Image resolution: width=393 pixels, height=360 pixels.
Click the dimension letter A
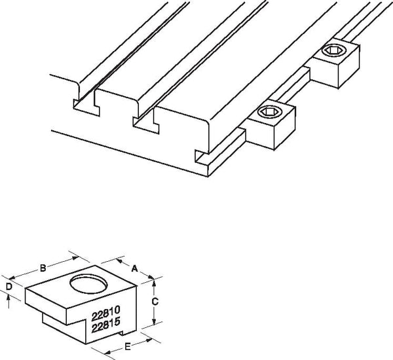tap(134, 269)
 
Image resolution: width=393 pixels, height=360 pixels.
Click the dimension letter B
tap(43, 268)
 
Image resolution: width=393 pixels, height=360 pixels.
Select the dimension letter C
tap(155, 302)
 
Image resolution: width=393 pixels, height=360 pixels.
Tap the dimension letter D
tap(9, 287)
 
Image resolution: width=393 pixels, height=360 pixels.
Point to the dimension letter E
tap(127, 347)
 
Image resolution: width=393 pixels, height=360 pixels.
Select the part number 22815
tap(105, 325)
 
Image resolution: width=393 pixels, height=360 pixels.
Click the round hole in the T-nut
tap(88, 284)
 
